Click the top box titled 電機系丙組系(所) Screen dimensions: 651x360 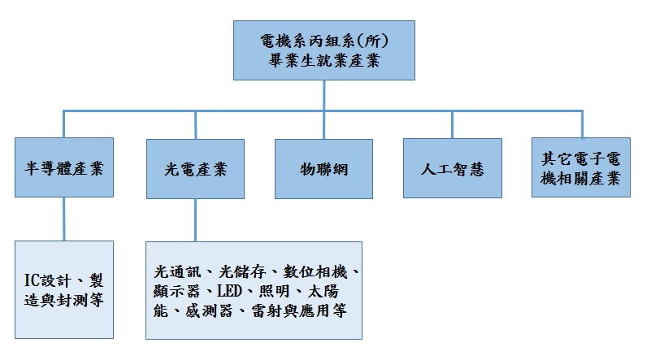(323, 50)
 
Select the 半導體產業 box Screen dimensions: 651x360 (64, 167)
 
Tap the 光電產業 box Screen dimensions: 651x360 (195, 168)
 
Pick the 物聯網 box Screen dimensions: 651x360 (323, 168)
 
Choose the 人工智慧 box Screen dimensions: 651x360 (453, 168)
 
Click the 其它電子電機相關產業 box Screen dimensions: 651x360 (581, 167)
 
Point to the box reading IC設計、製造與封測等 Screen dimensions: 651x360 (64, 289)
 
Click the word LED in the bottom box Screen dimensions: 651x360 (229, 291)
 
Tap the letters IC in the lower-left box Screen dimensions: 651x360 (31, 280)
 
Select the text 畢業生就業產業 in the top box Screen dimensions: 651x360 (323, 61)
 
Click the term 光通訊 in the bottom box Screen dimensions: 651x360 (177, 272)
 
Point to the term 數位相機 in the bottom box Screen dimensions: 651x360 (315, 272)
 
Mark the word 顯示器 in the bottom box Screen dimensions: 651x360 (177, 291)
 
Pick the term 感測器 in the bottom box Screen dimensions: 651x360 (209, 310)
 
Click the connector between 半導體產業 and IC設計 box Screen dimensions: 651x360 (64, 219)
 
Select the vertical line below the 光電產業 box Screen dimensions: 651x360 (195, 220)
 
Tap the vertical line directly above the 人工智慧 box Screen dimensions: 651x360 (452, 124)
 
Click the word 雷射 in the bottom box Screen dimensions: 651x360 (267, 310)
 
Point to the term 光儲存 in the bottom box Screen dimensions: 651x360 (242, 272)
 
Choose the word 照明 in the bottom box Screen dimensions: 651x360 (275, 291)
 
